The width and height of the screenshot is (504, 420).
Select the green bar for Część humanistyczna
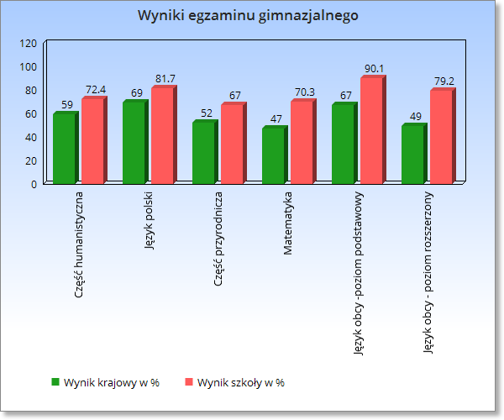click(64, 148)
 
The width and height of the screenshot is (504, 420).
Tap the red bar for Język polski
click(162, 135)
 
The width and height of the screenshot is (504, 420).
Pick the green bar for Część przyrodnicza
click(203, 152)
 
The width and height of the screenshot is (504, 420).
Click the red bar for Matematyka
click(302, 142)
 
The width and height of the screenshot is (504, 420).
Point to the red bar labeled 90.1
click(371, 130)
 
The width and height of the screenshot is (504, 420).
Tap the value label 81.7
click(165, 79)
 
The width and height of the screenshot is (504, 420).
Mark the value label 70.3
click(304, 92)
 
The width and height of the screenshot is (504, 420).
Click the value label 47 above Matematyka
click(276, 118)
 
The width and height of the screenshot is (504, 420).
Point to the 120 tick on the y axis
click(29, 43)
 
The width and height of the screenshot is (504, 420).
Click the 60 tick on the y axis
click(31, 113)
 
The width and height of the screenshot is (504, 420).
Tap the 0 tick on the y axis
click(34, 183)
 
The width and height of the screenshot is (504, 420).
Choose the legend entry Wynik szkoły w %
click(240, 382)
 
